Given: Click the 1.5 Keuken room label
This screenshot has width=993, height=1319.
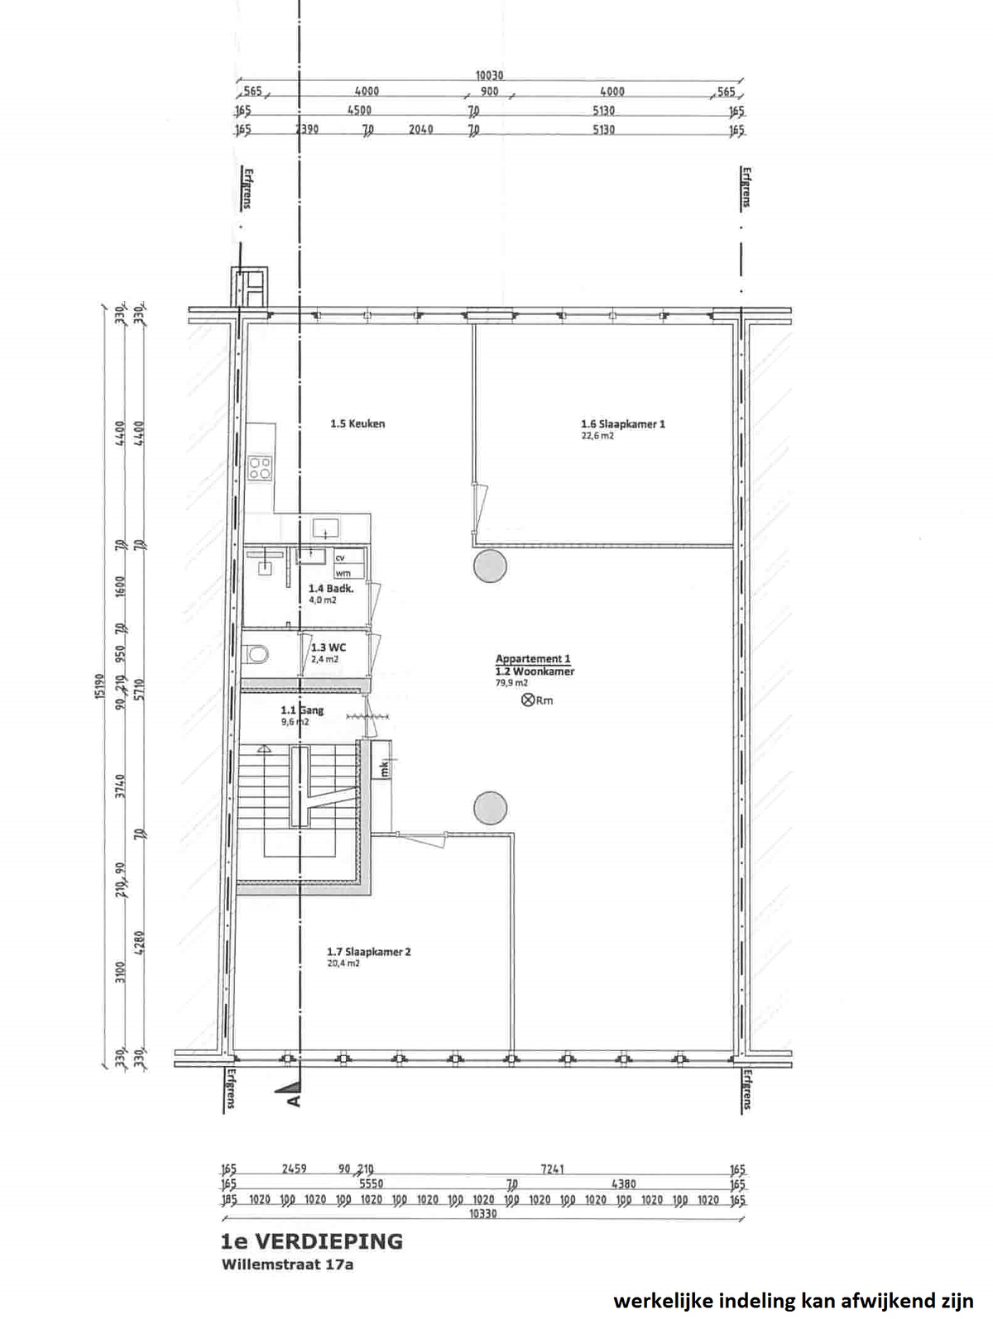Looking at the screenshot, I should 357,424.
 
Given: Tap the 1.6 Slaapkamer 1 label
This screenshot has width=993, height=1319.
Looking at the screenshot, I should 622,424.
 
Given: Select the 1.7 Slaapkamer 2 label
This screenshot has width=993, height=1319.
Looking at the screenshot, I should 369,952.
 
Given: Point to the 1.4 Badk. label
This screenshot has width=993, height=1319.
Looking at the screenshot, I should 331,589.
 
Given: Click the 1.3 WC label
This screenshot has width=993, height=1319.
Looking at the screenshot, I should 329,648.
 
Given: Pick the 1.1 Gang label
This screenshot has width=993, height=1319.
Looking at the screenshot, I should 302,710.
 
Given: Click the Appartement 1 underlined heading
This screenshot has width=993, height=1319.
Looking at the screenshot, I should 533,659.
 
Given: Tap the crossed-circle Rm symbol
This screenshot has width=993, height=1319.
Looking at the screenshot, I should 526,700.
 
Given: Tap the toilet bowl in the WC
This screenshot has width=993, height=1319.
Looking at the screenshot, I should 258,655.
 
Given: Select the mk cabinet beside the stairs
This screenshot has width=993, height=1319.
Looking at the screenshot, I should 383,768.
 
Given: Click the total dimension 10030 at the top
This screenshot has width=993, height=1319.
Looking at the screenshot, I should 489,76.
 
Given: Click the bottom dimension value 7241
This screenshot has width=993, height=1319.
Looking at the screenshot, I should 553,1169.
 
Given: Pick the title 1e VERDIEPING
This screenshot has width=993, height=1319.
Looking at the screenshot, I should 311,1241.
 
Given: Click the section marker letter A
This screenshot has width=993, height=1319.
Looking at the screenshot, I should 291,1102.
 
